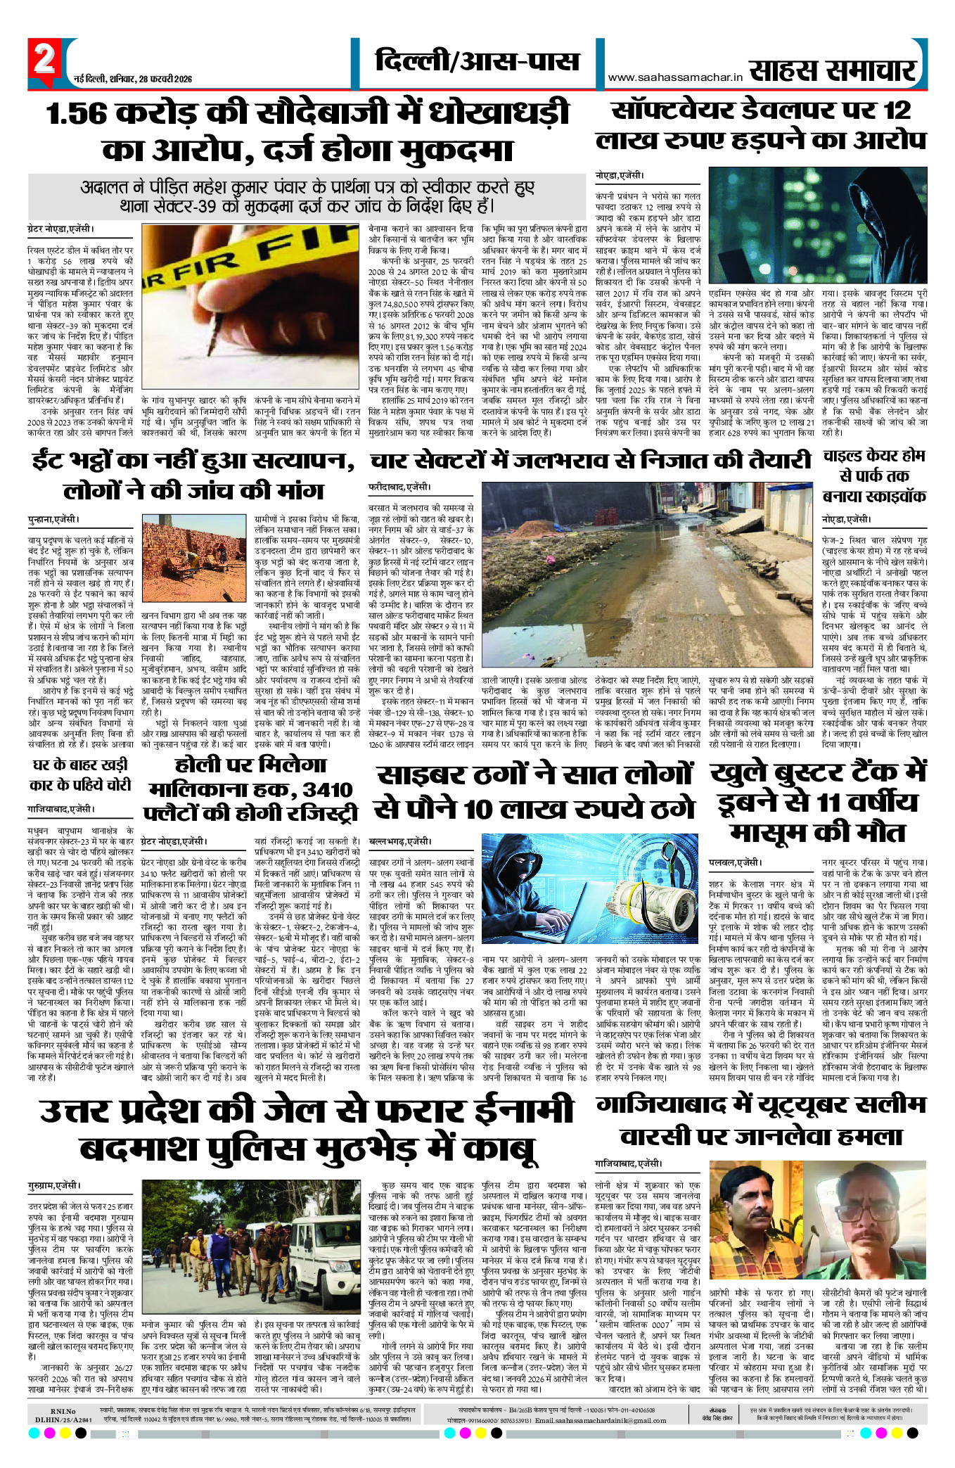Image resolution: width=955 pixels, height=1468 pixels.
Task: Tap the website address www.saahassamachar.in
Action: click(x=675, y=77)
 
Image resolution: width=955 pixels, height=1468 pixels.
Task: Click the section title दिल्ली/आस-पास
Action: click(x=477, y=62)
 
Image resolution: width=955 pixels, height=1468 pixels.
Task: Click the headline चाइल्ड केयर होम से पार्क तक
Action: click(x=874, y=475)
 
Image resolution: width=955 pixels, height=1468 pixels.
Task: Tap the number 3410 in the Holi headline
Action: click(x=328, y=789)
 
